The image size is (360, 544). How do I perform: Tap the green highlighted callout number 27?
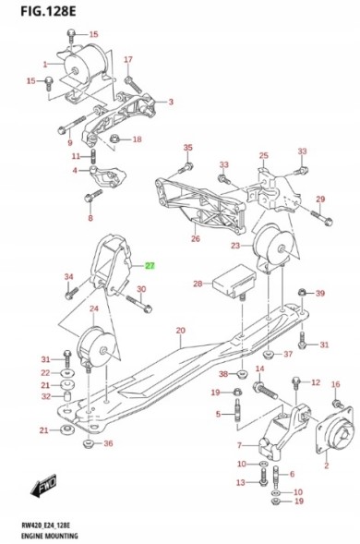point(150,265)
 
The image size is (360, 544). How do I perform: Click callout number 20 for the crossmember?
point(181,330)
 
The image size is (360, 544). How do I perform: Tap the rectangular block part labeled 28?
point(237,279)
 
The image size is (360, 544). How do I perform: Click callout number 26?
point(195,238)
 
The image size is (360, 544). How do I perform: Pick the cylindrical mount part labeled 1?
point(82,65)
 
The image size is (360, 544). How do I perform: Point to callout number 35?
point(187,148)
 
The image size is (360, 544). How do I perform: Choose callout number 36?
point(109,444)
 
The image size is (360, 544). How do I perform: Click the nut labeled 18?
point(114,139)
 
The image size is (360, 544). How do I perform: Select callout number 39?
point(320,294)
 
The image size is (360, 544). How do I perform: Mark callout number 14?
point(259,369)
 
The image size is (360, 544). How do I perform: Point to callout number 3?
point(171,102)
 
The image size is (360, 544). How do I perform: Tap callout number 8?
point(90,218)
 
